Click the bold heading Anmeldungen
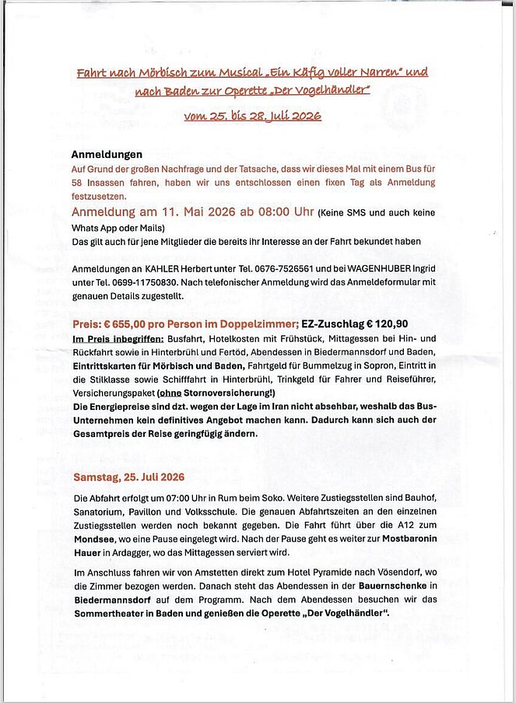tap(107, 155)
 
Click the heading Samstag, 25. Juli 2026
tap(129, 477)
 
